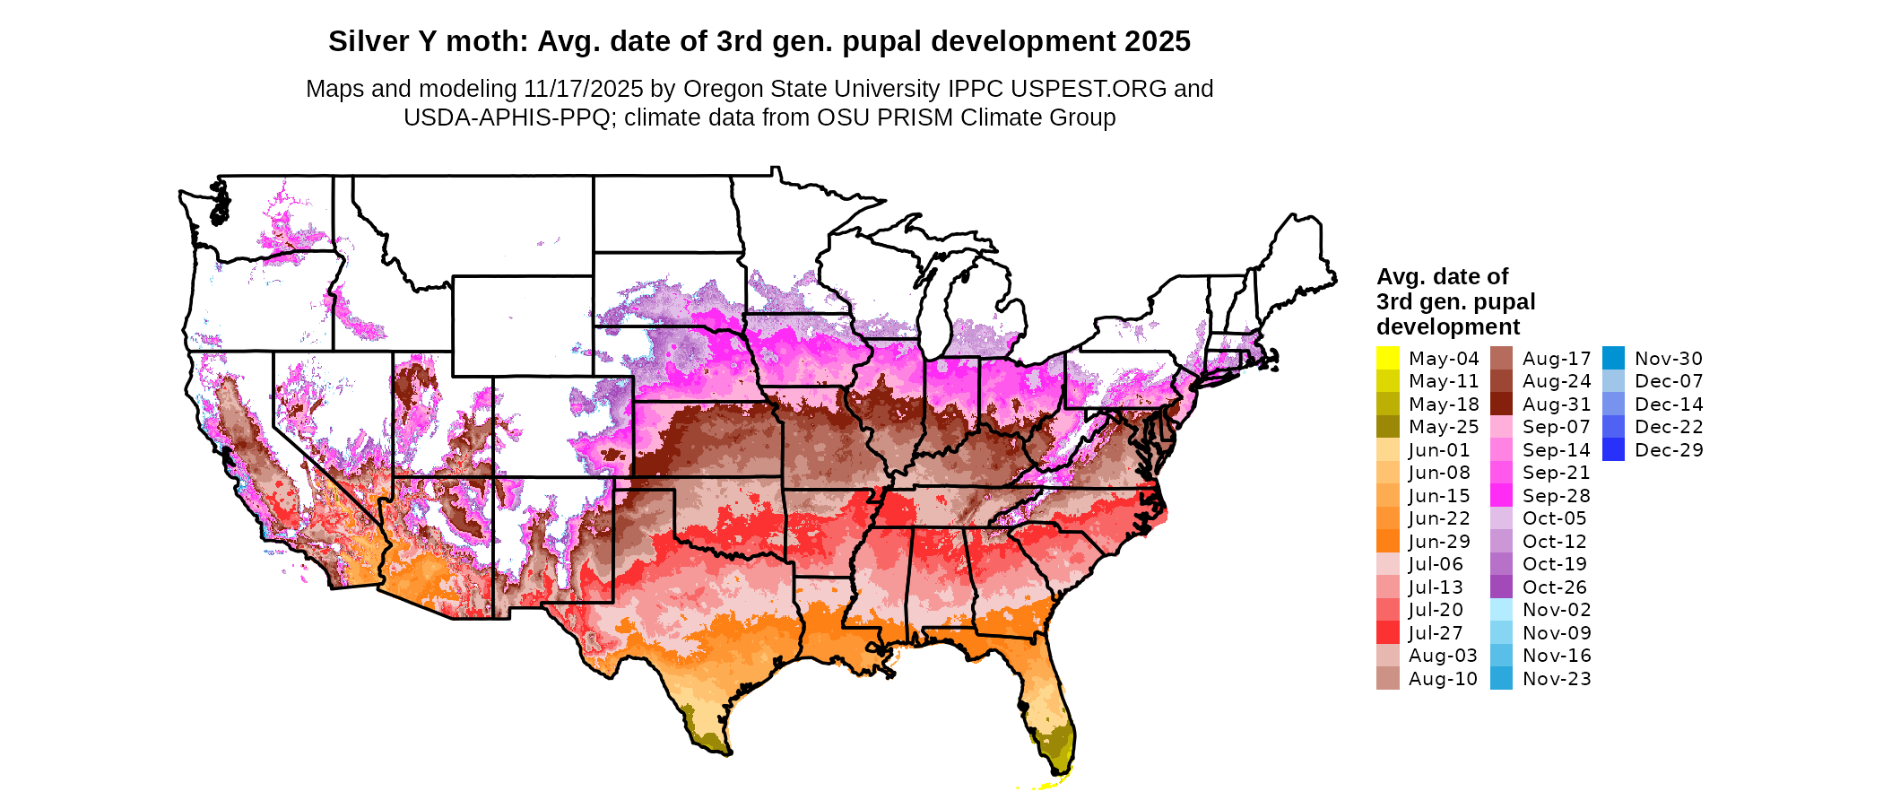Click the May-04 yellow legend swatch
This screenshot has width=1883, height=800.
[1388, 358]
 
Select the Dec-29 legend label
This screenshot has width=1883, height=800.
[1669, 450]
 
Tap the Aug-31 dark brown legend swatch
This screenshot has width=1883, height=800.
[1501, 404]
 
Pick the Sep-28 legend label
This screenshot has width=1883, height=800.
[1556, 496]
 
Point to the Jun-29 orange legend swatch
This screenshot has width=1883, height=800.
[1388, 541]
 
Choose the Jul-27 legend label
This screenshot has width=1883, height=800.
[1436, 633]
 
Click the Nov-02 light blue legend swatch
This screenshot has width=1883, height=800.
[1501, 610]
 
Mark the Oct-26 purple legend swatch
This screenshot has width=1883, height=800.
[1501, 587]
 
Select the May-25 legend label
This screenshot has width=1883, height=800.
[1444, 427]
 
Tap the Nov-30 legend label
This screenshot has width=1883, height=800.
[1669, 359]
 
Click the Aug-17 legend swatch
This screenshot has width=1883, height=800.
[1501, 358]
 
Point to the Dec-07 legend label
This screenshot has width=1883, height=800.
[1669, 381]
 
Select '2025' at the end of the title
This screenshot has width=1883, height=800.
[1158, 41]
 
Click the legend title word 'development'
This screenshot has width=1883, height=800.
[1448, 326]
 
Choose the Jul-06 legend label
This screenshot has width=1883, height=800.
[1436, 564]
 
